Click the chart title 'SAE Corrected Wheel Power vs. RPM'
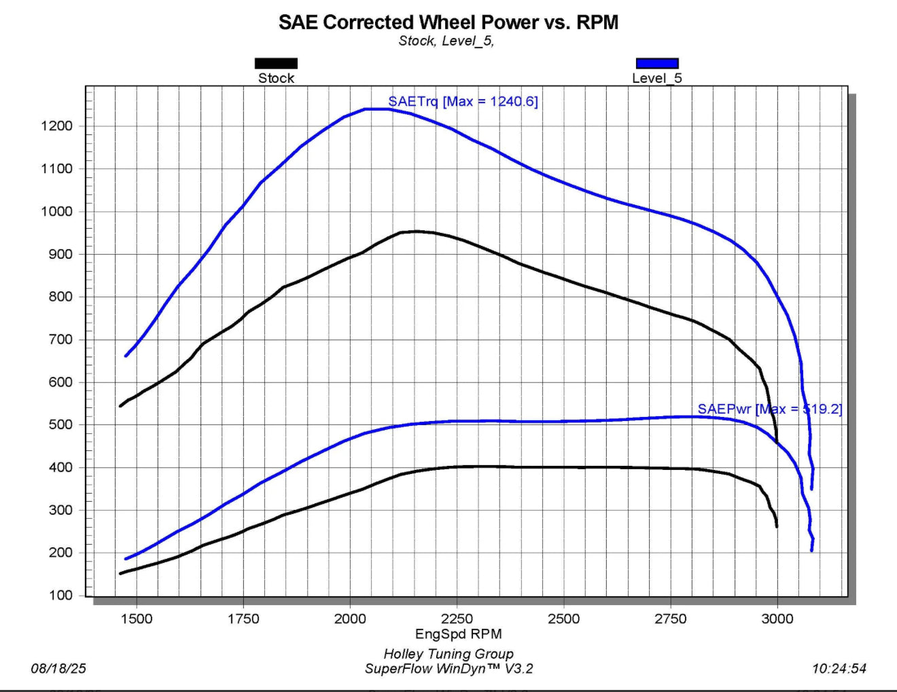(448, 22)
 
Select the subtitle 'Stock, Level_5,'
(446, 41)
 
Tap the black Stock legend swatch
(276, 63)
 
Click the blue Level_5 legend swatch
(656, 63)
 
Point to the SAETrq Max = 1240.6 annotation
(463, 101)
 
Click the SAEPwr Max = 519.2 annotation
(769, 409)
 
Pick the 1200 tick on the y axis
(56, 126)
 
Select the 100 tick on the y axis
(60, 596)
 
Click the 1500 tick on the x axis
(137, 619)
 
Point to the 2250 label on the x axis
(457, 619)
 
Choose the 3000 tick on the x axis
(777, 619)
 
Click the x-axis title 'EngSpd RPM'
(458, 634)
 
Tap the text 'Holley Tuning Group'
(448, 654)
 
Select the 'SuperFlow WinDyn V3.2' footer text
(448, 669)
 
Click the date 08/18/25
(58, 669)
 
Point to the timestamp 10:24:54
(839, 669)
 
